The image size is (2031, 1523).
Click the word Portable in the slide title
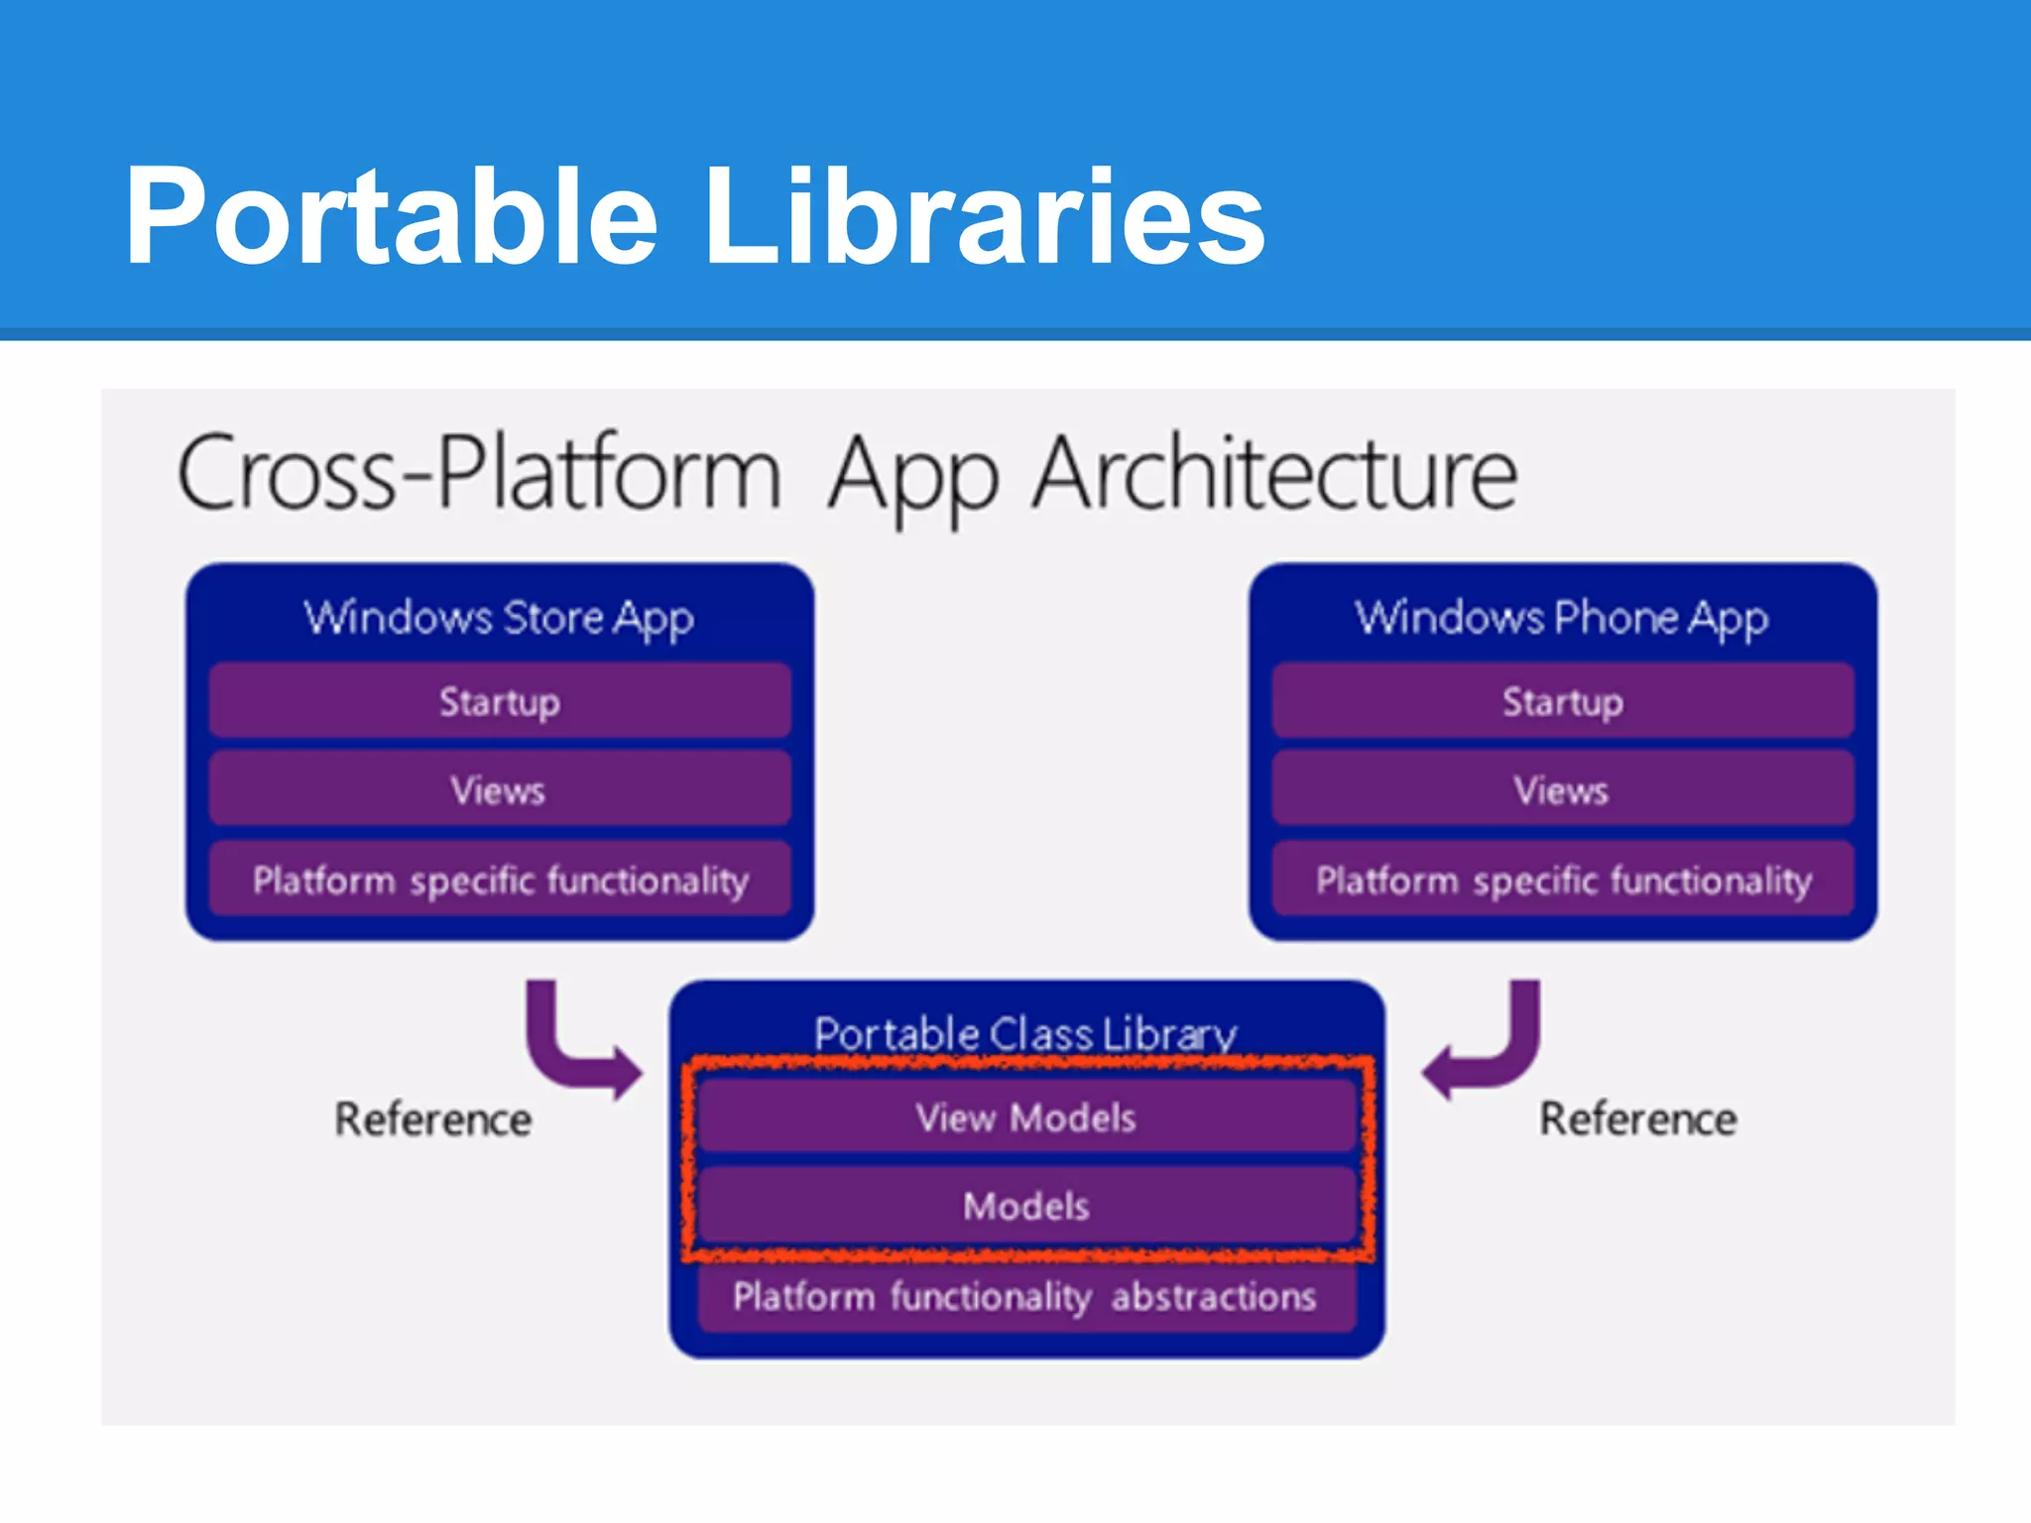pyautogui.click(x=392, y=216)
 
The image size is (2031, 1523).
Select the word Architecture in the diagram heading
pyautogui.click(x=1274, y=474)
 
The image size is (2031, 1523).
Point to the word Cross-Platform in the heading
pyautogui.click(x=480, y=474)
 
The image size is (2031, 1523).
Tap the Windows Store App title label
pyautogui.click(x=499, y=618)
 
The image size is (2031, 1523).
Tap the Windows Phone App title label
pyautogui.click(x=1562, y=618)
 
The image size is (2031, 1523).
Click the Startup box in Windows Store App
pyautogui.click(x=500, y=702)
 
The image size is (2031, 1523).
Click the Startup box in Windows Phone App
pyautogui.click(x=1563, y=702)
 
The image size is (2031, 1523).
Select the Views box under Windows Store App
pyautogui.click(x=500, y=790)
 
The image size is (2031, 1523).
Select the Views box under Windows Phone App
pyautogui.click(x=1563, y=790)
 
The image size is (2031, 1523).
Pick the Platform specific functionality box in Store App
pyautogui.click(x=500, y=879)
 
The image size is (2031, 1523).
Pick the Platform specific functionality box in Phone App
pyautogui.click(x=1563, y=879)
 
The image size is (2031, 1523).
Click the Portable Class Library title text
pyautogui.click(x=1025, y=1033)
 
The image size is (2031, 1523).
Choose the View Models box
pyautogui.click(x=1025, y=1117)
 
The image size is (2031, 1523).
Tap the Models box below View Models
pyautogui.click(x=1025, y=1206)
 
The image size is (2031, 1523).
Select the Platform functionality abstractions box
pyautogui.click(x=1025, y=1296)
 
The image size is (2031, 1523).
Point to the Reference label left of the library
pyautogui.click(x=433, y=1119)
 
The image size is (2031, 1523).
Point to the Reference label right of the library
pyautogui.click(x=1637, y=1119)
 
